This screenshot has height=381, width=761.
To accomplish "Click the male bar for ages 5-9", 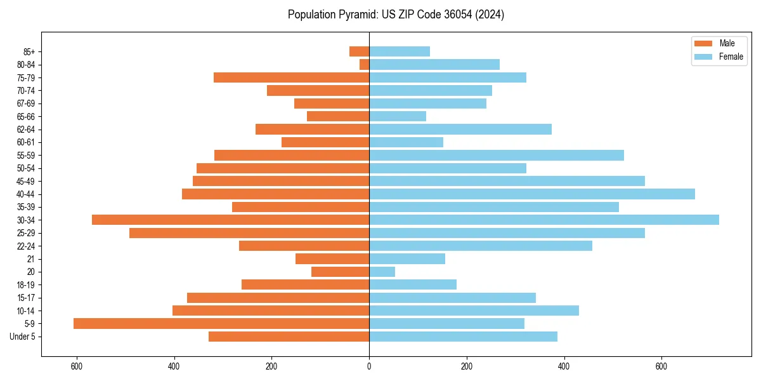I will tap(221, 324).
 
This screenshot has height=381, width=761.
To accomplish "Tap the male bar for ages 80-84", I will tap(365, 64).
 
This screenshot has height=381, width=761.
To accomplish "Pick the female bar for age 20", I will tap(382, 272).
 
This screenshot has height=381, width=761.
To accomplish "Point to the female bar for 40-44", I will tap(532, 194).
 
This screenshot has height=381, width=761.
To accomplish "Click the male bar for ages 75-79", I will tap(292, 77).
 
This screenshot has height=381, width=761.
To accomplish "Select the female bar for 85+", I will tap(400, 51).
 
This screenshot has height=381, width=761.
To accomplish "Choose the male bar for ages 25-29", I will tap(249, 233).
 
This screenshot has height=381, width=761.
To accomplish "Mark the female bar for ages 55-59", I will tap(497, 155).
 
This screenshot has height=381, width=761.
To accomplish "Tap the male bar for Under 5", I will tap(289, 337).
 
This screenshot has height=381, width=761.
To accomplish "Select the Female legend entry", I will tap(719, 57).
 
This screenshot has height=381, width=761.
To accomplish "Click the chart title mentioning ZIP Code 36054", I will tap(396, 15).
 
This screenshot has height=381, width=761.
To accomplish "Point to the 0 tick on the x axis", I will tap(369, 367).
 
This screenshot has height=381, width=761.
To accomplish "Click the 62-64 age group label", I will tap(26, 130).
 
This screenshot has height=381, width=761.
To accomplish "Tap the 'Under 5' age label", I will tap(23, 337).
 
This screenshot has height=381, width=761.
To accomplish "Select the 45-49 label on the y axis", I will tap(26, 181).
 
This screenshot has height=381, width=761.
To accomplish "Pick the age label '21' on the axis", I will tap(30, 259).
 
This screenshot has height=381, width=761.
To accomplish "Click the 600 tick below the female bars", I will tap(661, 367).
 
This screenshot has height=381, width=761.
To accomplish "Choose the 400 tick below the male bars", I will tap(174, 367).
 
